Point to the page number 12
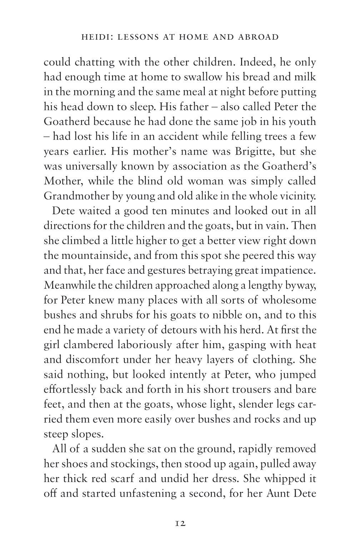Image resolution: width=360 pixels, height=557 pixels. [180, 524]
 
